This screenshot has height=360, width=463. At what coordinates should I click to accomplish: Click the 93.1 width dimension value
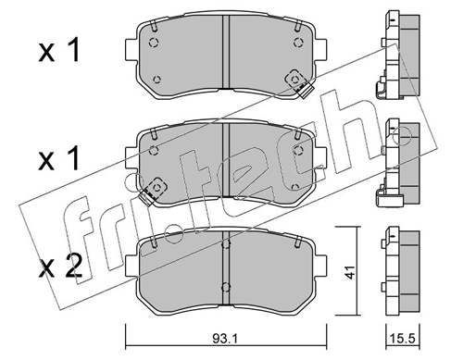(225, 340)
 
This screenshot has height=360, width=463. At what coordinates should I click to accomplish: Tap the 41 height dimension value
(350, 271)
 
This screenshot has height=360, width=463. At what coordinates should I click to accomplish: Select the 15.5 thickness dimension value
(403, 340)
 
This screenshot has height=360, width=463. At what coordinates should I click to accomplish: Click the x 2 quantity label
(60, 267)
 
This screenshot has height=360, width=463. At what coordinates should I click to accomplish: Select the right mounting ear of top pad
(320, 50)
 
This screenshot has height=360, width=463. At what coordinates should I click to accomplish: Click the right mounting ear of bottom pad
(320, 266)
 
